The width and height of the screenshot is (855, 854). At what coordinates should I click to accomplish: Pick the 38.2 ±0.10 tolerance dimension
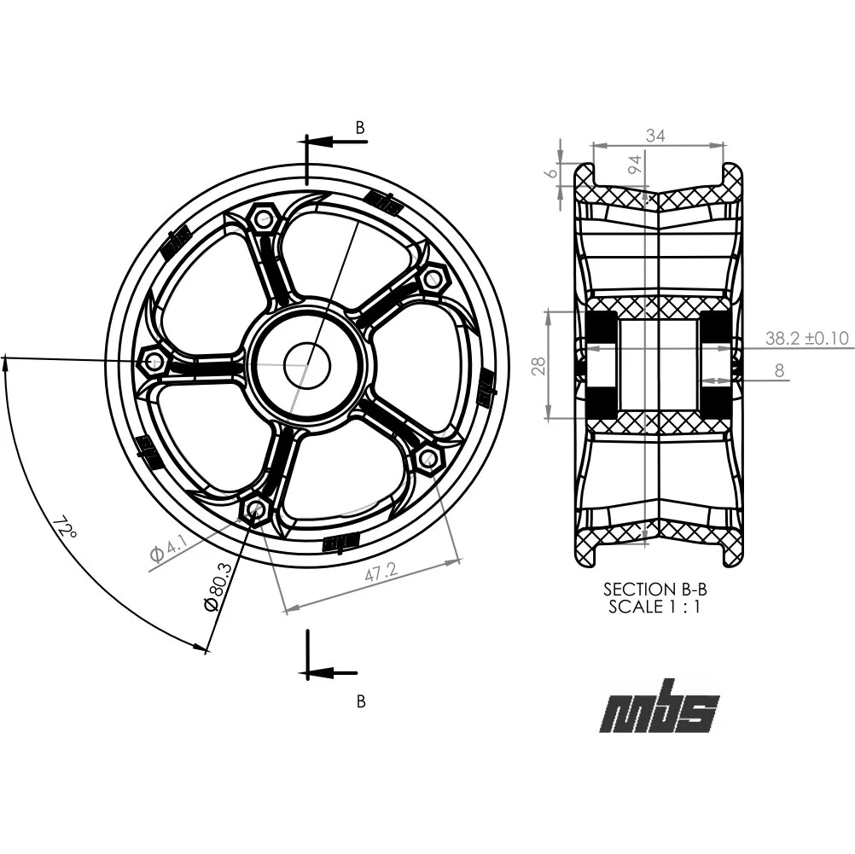[x=806, y=338]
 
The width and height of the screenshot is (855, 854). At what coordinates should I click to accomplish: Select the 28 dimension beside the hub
[x=537, y=366]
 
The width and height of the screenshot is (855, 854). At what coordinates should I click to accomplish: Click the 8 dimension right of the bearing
[x=778, y=370]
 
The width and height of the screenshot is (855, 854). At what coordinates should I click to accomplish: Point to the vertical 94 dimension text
[x=634, y=166]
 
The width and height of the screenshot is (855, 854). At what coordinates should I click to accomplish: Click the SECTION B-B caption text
[x=654, y=589]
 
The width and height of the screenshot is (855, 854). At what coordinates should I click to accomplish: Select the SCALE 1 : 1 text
[x=654, y=607]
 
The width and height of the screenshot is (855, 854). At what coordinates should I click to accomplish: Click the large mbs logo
[x=659, y=707]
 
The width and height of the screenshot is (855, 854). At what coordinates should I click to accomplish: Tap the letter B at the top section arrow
[x=360, y=127]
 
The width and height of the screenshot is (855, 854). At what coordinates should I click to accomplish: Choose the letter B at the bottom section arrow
[x=361, y=701]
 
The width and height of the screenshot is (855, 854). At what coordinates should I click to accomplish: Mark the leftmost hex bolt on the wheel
[x=154, y=362]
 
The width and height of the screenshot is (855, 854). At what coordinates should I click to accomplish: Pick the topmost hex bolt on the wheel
[x=263, y=219]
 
